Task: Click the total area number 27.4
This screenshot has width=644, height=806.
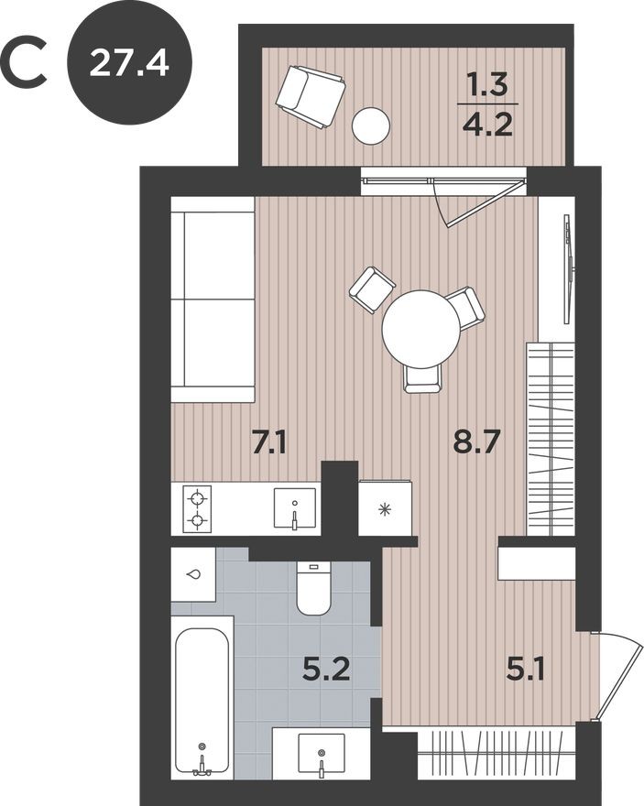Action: pos(129,63)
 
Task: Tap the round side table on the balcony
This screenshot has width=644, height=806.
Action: pos(371,125)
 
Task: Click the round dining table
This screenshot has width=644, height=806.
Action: pos(422,329)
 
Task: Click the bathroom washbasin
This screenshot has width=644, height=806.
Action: pos(321,754)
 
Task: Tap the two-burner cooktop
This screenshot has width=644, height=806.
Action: pos(197,509)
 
